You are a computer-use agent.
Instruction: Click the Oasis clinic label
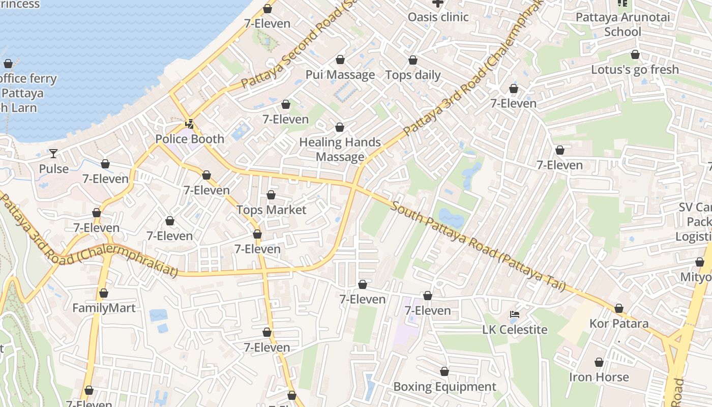pos(438,17)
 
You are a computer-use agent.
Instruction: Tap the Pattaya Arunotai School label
pos(622,24)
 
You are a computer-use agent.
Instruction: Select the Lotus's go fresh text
pos(635,69)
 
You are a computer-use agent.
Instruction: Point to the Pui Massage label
pos(340,75)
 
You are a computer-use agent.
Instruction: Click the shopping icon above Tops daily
pos(413,60)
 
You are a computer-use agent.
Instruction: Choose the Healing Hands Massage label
pos(340,149)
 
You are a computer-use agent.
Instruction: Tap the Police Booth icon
pos(190,124)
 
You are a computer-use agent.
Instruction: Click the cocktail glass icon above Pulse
pos(53,153)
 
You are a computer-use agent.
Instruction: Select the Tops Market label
pos(271,210)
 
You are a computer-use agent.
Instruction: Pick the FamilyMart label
pos(104,308)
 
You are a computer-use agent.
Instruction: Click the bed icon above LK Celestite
pos(515,314)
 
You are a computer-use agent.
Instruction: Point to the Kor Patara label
pos(618,324)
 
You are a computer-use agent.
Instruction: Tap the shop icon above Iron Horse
pos(599,362)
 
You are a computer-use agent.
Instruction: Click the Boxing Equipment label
pos(444,387)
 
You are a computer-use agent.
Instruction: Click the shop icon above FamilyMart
pos(104,293)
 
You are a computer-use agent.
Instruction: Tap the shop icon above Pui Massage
pos(340,60)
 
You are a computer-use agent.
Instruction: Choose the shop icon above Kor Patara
pos(618,308)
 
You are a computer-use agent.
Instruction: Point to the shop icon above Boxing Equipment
pos(444,371)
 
